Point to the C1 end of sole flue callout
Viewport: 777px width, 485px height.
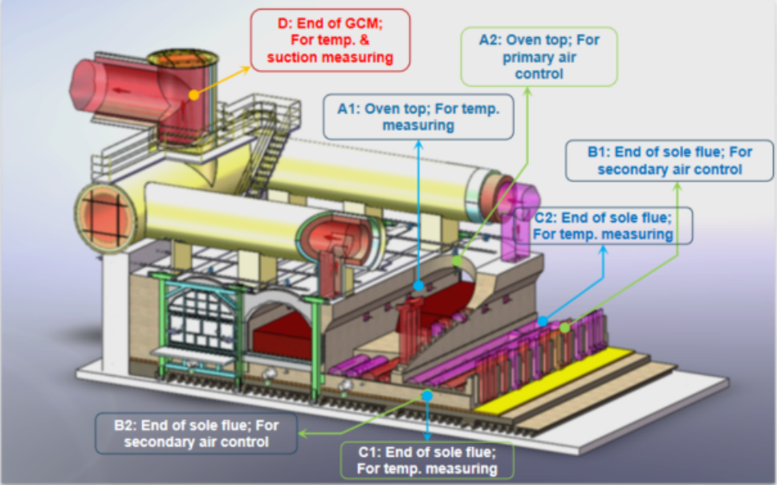(x=426, y=460)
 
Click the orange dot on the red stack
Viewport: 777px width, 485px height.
(x=193, y=95)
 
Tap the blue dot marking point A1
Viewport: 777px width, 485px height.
(x=418, y=285)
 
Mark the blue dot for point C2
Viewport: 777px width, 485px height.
(x=543, y=321)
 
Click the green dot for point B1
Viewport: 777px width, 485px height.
(x=564, y=328)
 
